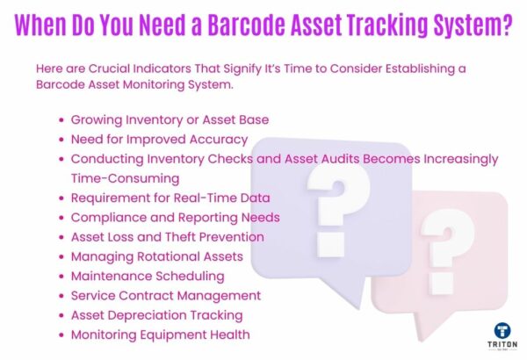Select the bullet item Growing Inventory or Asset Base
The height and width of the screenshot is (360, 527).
point(170,119)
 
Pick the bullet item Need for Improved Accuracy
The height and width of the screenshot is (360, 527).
point(159,139)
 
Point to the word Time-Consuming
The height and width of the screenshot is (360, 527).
point(124,178)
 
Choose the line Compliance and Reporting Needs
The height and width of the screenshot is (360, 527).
point(175,217)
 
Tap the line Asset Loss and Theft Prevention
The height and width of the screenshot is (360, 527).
point(167,236)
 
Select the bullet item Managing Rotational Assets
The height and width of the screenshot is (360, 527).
point(158,256)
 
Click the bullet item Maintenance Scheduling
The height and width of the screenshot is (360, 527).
point(147,276)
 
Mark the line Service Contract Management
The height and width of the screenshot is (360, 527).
point(165,295)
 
